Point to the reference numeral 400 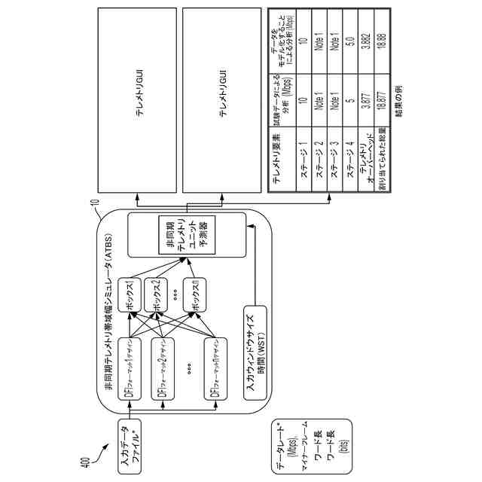coord(84,461)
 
